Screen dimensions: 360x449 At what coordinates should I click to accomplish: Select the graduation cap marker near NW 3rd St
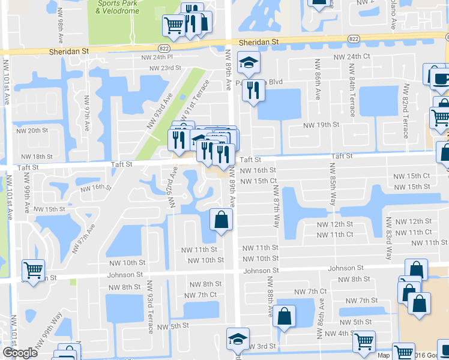coord(238,339)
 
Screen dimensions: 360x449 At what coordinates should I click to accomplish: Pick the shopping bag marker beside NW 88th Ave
coord(284,314)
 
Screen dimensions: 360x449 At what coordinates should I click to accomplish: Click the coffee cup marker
coord(439,79)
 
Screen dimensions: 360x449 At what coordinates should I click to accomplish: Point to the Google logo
coord(20,353)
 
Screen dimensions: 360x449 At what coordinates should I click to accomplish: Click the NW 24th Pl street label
coord(157,57)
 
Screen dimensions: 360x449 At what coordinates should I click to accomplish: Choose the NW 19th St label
coord(321,125)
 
